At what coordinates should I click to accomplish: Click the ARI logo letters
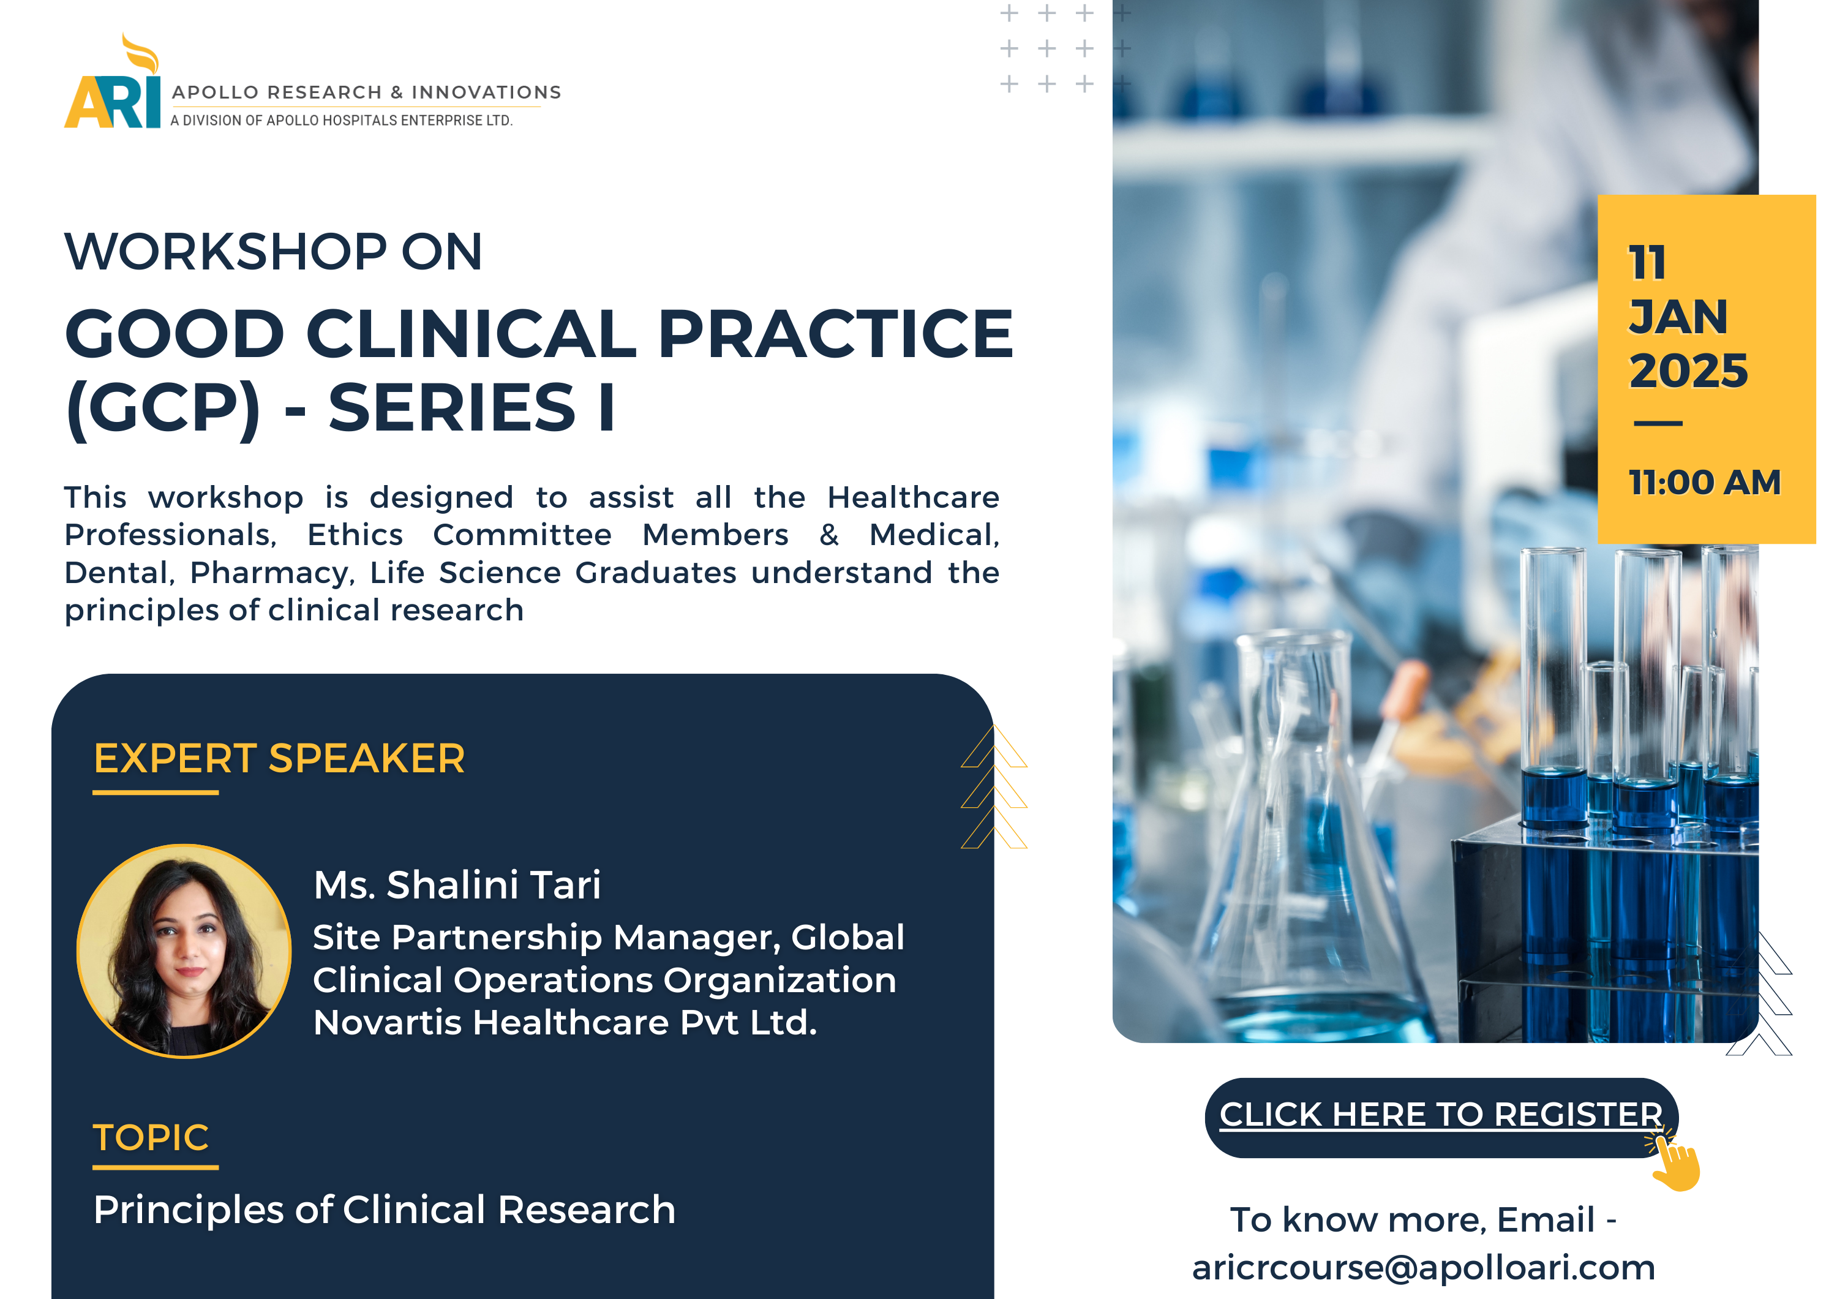pos(113,102)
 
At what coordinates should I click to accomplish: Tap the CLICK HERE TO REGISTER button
pos(1441,1117)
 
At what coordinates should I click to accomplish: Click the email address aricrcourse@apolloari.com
pos(1423,1267)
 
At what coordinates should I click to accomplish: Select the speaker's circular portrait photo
pos(184,951)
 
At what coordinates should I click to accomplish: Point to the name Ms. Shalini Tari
pos(457,884)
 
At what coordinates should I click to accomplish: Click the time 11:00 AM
pos(1704,483)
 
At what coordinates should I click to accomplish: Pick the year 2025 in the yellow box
pos(1688,371)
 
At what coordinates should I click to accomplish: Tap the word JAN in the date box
pos(1678,317)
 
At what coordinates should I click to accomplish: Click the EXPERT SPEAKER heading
pos(279,758)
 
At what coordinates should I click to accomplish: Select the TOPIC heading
pos(151,1137)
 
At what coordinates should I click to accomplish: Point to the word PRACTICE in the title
pos(836,334)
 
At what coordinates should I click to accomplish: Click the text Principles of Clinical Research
pos(384,1210)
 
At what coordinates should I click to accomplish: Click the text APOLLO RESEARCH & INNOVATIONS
pos(366,92)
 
